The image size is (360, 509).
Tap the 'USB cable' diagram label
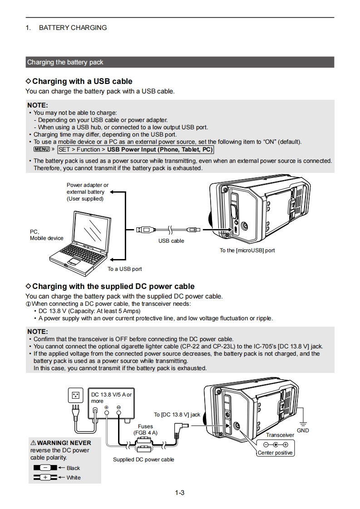pyautogui.click(x=171, y=241)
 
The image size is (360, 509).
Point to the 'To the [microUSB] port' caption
pyautogui.click(x=247, y=250)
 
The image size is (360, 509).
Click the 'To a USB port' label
pyautogui.click(x=124, y=269)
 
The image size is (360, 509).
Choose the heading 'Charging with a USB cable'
pyautogui.click(x=82, y=82)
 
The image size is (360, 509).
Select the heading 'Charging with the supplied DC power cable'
pyautogui.click(x=113, y=287)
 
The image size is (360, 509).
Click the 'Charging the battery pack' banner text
pyautogui.click(x=65, y=62)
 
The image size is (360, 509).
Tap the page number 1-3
pyautogui.click(x=180, y=493)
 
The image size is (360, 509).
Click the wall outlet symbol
pyautogui.click(x=75, y=395)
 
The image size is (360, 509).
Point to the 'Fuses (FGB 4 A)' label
pyautogui.click(x=145, y=430)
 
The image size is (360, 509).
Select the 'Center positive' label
pyautogui.click(x=275, y=453)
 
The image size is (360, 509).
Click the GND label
pyautogui.click(x=303, y=430)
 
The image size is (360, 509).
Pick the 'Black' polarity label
pyautogui.click(x=73, y=468)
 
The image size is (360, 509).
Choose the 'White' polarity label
pyautogui.click(x=74, y=478)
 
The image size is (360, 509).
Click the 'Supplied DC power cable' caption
pyautogui.click(x=143, y=460)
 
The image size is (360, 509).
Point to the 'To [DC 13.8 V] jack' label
pyautogui.click(x=177, y=415)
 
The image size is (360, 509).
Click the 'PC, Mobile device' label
pyautogui.click(x=46, y=235)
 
